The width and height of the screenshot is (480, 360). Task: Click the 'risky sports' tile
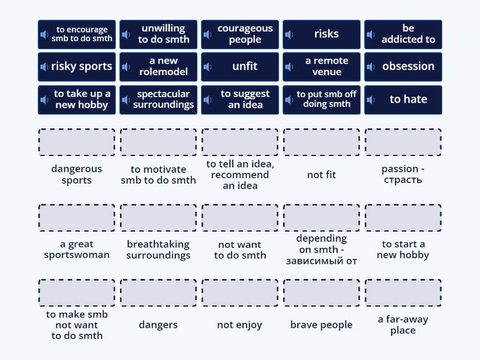(x=76, y=67)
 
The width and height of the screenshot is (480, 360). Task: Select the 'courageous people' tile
(x=240, y=34)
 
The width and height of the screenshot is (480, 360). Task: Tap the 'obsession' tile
(x=403, y=67)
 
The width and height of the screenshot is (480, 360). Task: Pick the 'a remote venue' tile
(x=322, y=67)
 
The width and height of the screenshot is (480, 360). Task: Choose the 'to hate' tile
(x=403, y=100)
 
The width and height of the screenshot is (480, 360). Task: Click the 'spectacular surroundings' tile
(x=158, y=100)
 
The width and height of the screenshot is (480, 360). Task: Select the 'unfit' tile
(x=240, y=67)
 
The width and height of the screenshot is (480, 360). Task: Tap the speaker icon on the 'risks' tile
(x=289, y=35)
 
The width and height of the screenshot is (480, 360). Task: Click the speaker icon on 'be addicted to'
(x=371, y=35)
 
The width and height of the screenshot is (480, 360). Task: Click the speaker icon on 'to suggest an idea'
(x=208, y=100)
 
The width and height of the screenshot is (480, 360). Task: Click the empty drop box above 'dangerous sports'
(x=76, y=142)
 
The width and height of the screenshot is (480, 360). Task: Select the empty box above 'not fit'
(x=322, y=142)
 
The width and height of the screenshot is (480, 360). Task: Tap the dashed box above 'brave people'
(x=322, y=293)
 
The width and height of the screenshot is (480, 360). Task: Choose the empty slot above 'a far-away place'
(x=403, y=293)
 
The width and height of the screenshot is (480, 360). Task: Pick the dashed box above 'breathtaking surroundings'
(x=158, y=218)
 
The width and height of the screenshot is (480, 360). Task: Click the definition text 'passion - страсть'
(x=403, y=175)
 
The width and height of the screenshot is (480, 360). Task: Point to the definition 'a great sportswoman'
(x=76, y=250)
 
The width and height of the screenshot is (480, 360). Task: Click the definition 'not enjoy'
(x=240, y=325)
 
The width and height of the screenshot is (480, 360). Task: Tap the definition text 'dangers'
(x=158, y=325)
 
